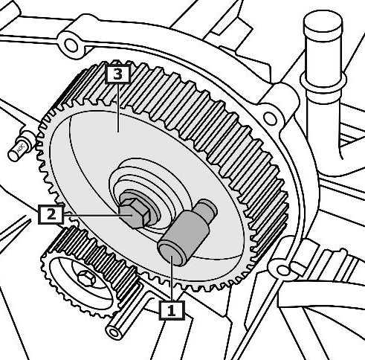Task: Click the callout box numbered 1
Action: (172, 310)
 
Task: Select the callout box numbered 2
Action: (51, 214)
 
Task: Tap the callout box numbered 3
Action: (117, 74)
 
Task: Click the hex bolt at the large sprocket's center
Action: (135, 213)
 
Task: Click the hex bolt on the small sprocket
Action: (87, 279)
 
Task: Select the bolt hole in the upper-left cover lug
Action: (71, 45)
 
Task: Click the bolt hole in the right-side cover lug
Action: (270, 119)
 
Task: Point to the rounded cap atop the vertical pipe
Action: (323, 23)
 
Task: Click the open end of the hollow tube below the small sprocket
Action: (114, 332)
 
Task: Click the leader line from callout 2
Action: (97, 216)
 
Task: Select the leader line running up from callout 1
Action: (172, 278)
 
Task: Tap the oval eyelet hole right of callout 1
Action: (282, 270)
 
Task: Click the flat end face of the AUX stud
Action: (14, 155)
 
